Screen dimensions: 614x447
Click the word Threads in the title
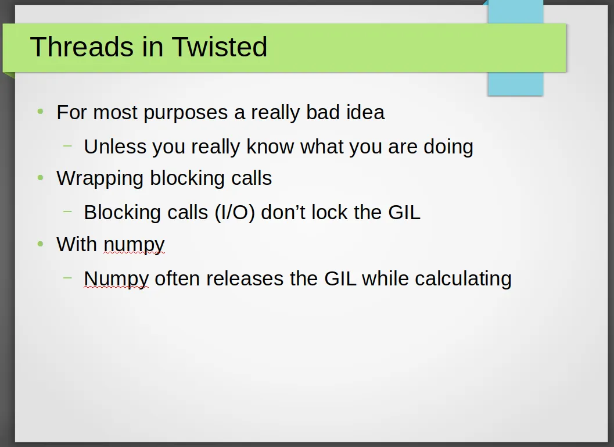point(81,47)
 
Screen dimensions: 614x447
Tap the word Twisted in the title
point(220,47)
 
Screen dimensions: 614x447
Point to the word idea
point(365,112)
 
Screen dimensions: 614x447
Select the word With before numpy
point(77,244)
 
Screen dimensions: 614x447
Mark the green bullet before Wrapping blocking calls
point(40,178)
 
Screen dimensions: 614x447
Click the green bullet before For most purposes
point(40,112)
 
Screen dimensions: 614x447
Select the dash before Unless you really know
point(68,146)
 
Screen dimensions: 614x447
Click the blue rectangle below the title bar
point(515,84)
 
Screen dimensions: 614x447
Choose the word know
point(270,146)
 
